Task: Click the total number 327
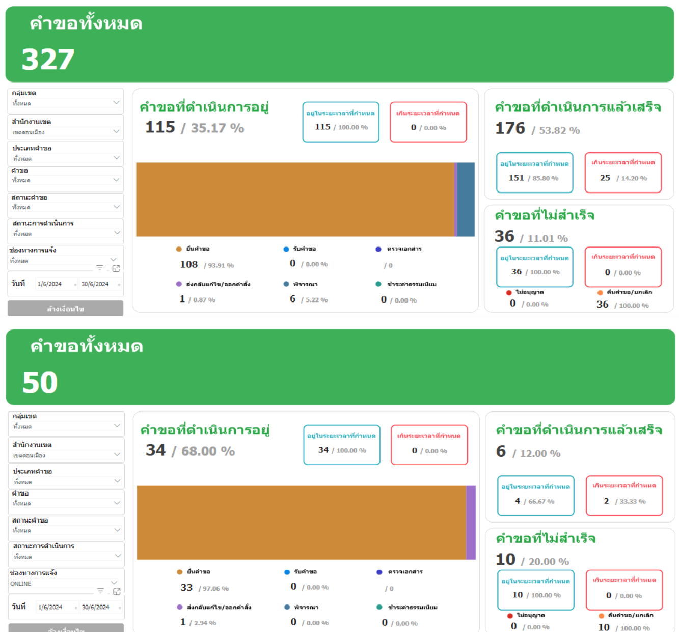click(48, 60)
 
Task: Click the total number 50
click(40, 382)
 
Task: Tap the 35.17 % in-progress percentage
click(218, 128)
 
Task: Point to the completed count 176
click(510, 128)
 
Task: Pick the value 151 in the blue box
click(516, 178)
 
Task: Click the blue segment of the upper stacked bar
click(466, 200)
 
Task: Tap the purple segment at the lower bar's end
click(471, 523)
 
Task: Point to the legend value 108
click(188, 264)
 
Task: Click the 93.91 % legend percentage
click(221, 265)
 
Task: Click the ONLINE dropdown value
click(21, 584)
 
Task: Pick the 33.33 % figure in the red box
click(632, 502)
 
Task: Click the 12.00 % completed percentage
click(540, 454)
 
